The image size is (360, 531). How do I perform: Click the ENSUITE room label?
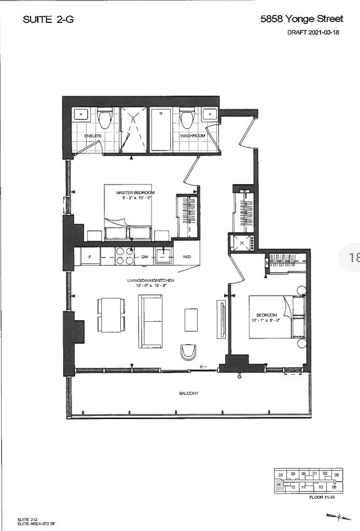click(93, 136)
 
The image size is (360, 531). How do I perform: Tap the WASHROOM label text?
click(192, 135)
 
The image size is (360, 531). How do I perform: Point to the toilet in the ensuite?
click(105, 119)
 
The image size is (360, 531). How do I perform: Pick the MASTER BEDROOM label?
click(135, 193)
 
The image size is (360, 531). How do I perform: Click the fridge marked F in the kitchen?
click(90, 256)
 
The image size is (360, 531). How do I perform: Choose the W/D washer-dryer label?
click(187, 256)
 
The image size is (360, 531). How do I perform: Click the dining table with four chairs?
click(110, 315)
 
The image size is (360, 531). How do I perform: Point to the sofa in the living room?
click(150, 321)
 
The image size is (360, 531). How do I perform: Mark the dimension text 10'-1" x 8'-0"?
click(266, 320)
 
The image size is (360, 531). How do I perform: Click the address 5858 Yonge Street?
click(301, 19)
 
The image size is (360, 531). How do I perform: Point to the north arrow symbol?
click(332, 516)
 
